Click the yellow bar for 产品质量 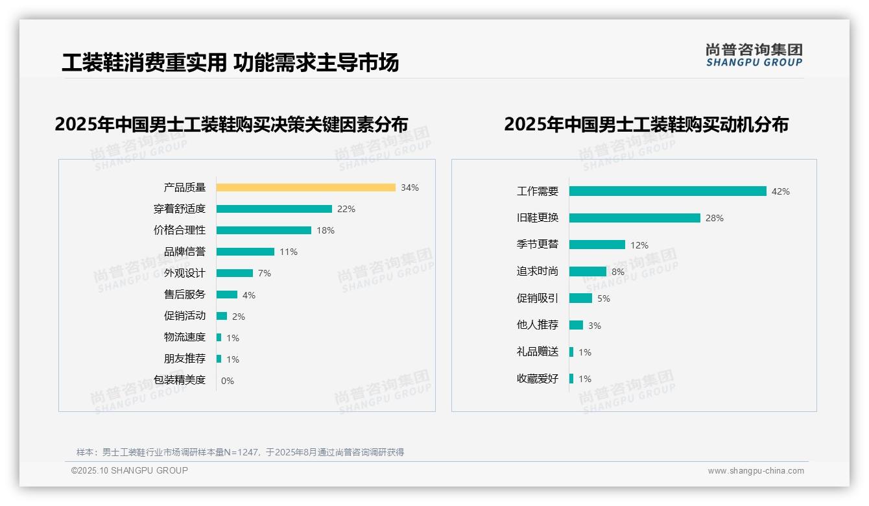click(305, 187)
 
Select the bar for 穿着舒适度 click(274, 209)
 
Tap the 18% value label click(326, 230)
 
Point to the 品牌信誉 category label click(185, 252)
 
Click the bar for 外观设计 click(235, 273)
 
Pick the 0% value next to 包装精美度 click(228, 381)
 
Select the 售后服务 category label click(185, 295)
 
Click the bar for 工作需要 click(668, 191)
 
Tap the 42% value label click(781, 191)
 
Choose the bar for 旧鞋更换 click(635, 218)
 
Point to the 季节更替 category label click(538, 245)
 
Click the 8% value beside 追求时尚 click(618, 272)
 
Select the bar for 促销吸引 click(581, 298)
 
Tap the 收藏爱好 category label click(538, 379)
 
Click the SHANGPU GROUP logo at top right click(754, 55)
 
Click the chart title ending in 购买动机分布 click(646, 124)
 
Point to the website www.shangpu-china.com click(756, 471)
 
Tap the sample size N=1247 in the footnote click(246, 452)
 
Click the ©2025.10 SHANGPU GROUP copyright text click(130, 470)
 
